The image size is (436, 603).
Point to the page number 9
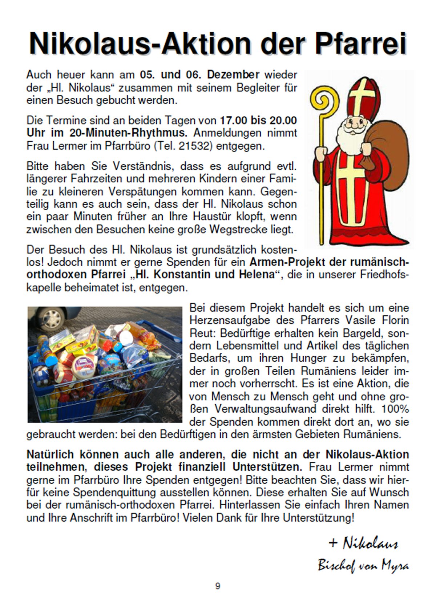pos(218,586)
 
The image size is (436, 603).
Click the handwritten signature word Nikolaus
pos(370,543)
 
